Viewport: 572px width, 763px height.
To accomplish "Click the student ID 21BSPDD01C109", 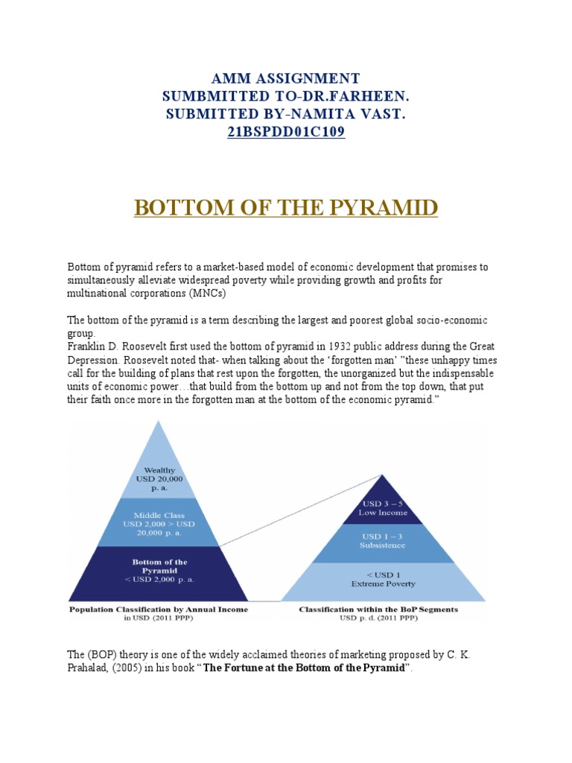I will point(286,133).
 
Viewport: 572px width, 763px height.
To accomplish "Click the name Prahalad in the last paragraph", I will point(88,668).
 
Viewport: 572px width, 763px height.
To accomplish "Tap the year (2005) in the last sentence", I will point(136,668).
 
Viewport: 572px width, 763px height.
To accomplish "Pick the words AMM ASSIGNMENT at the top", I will point(286,78).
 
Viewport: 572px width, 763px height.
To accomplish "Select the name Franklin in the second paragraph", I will point(88,346).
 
